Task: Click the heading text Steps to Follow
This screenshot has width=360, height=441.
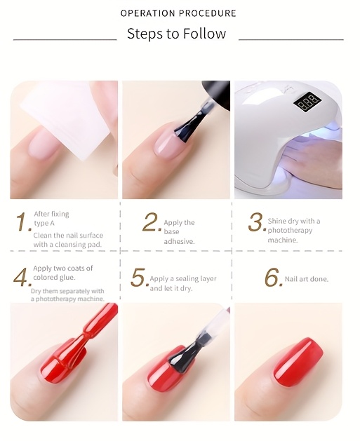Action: pyautogui.click(x=176, y=34)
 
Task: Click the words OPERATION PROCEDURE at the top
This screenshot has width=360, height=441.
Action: pyautogui.click(x=178, y=13)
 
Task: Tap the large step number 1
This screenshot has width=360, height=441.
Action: pyautogui.click(x=23, y=222)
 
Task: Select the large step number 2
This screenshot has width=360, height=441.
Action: pyautogui.click(x=152, y=222)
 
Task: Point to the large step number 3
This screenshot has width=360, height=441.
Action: pyautogui.click(x=257, y=222)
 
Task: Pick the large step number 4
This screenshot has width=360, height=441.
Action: pyautogui.click(x=21, y=277)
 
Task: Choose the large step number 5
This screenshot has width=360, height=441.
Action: pyautogui.click(x=139, y=278)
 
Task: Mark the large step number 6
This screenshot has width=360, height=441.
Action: pyautogui.click(x=273, y=278)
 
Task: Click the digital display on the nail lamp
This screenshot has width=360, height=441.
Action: pyautogui.click(x=307, y=101)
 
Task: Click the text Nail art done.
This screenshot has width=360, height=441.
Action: pyautogui.click(x=307, y=279)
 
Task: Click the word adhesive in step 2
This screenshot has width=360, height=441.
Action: pyautogui.click(x=179, y=241)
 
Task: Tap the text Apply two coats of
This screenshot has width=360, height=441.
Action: pyautogui.click(x=63, y=269)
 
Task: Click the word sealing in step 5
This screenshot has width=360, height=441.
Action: pyautogui.click(x=187, y=279)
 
